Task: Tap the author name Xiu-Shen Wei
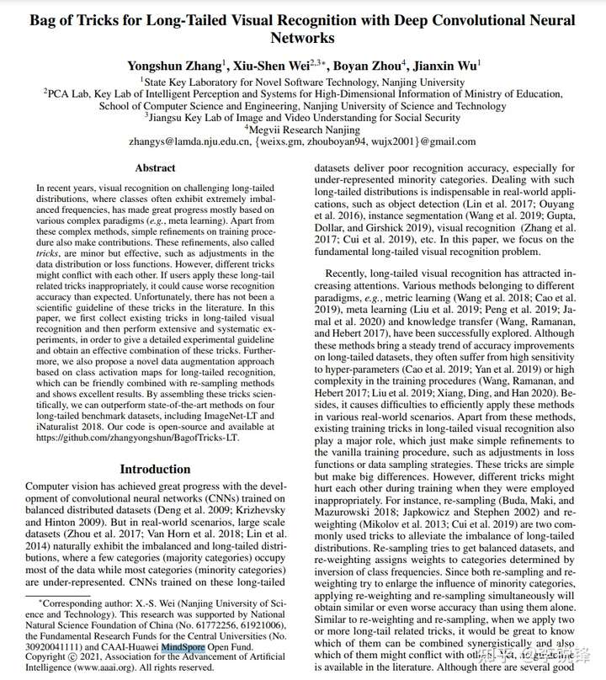[x=274, y=66]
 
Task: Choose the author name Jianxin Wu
[x=449, y=66]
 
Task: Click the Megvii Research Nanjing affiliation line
[x=302, y=130]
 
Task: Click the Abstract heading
[x=155, y=168]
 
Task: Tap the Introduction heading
[x=155, y=469]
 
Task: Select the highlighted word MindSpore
[x=189, y=648]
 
